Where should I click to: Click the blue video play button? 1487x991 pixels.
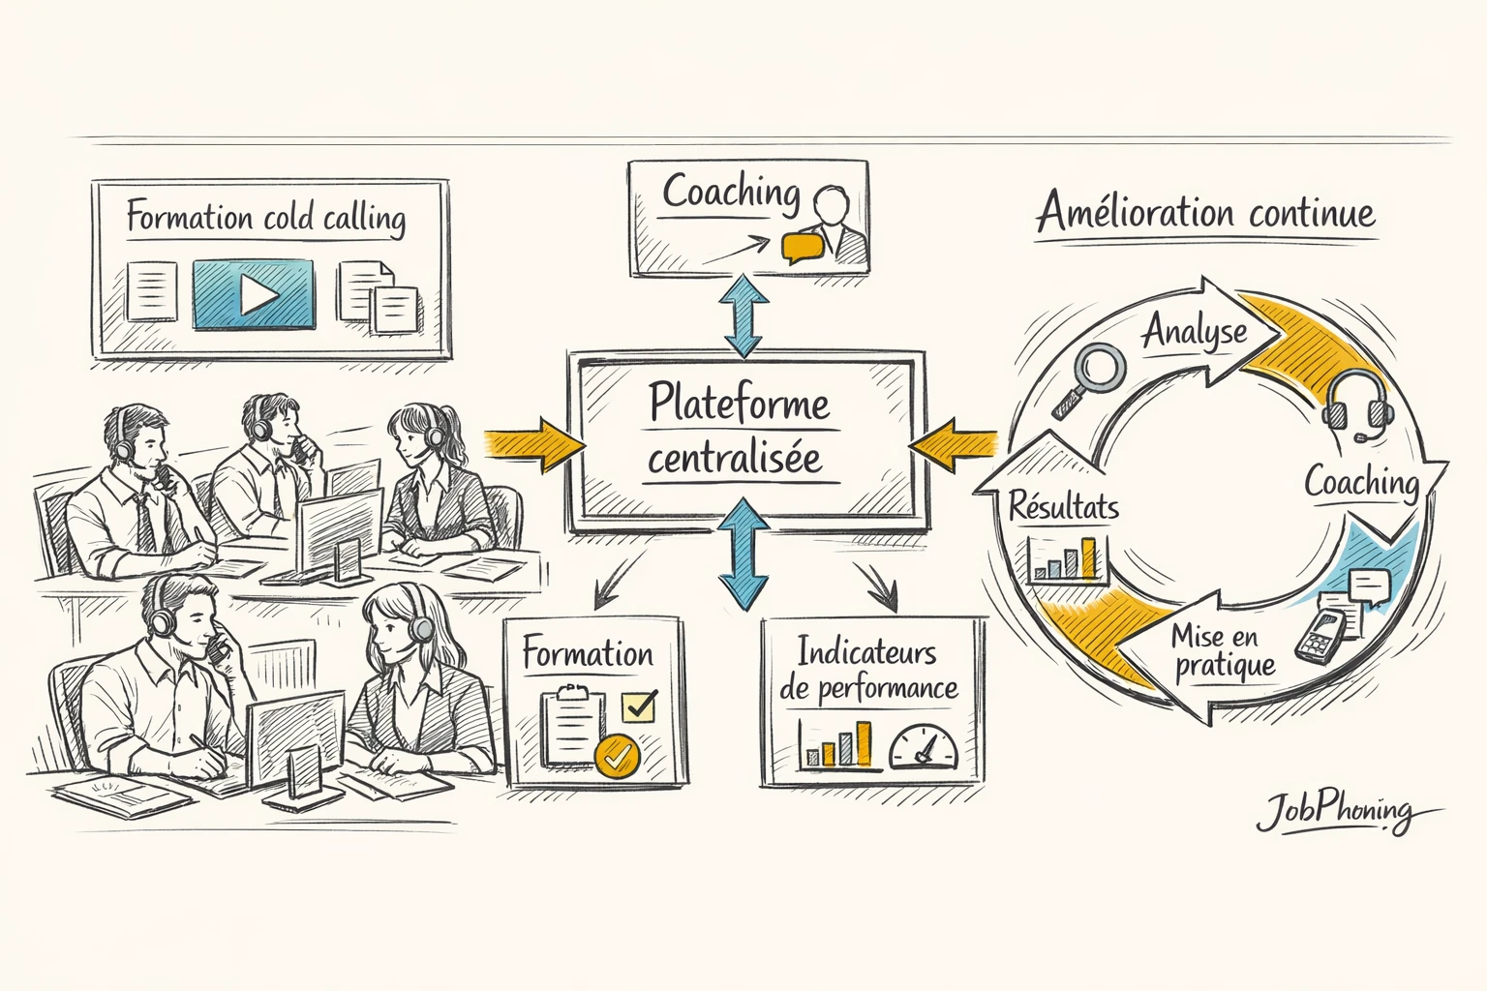pos(254,294)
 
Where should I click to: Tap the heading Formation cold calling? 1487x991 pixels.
pos(266,217)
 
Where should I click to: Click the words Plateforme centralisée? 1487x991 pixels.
pos(738,431)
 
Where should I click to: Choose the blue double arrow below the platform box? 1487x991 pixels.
pos(743,554)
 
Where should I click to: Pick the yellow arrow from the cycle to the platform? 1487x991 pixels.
pos(955,444)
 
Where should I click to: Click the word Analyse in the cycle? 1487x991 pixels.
pos(1195,332)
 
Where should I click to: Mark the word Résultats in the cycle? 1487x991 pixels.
pos(1063,506)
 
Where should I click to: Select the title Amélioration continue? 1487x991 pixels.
pos(1206,213)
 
